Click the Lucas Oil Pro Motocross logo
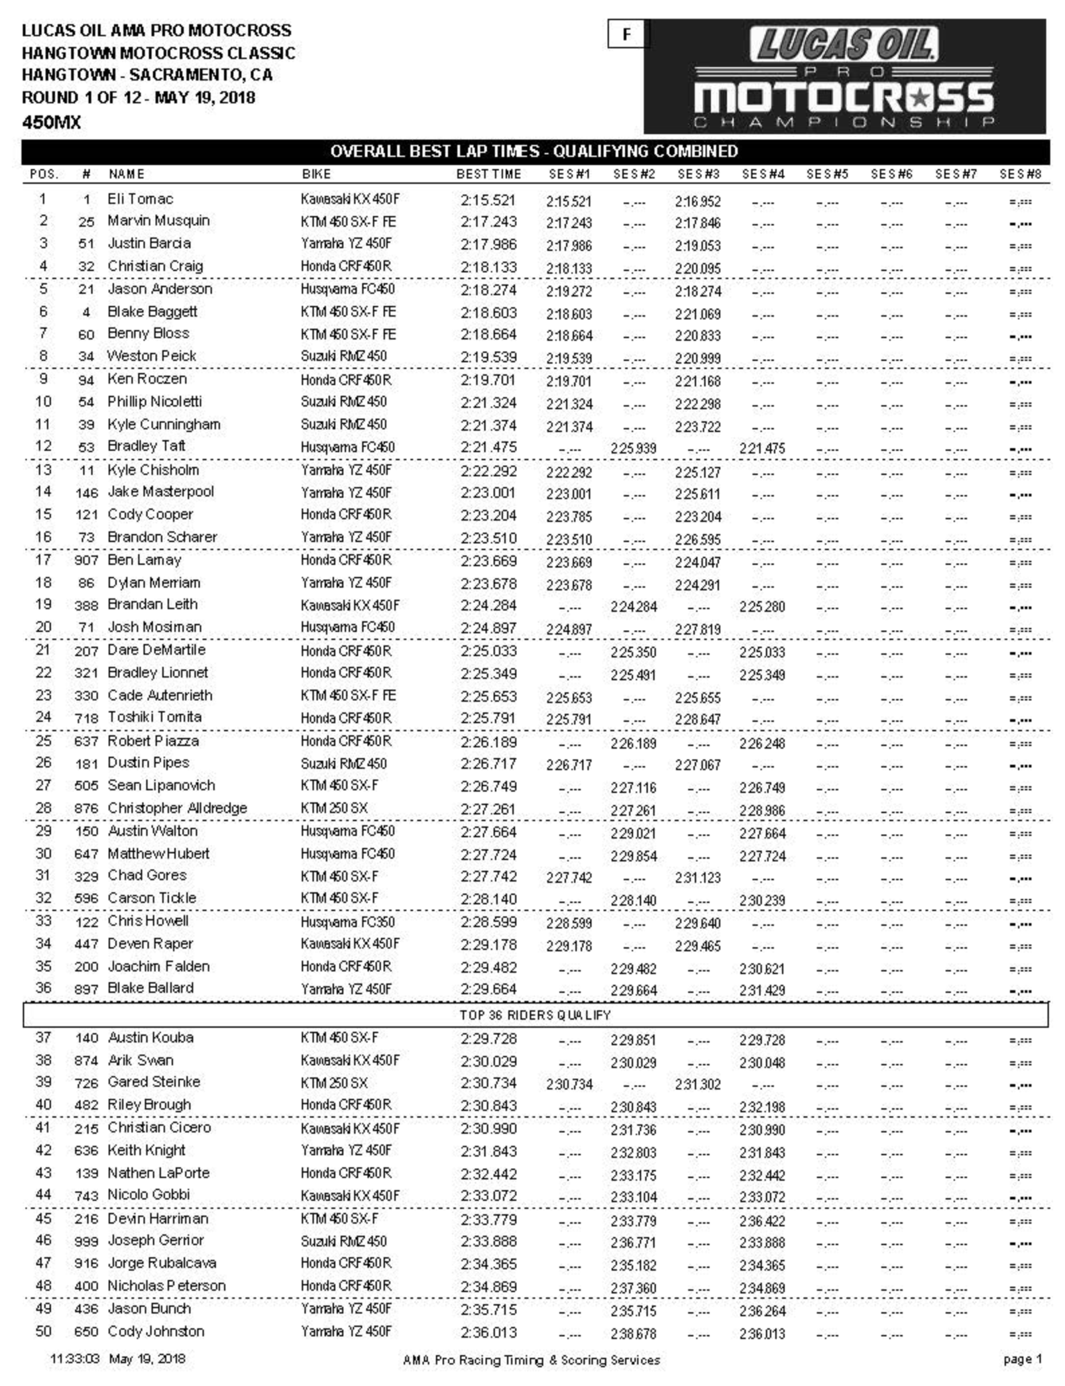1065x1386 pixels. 844,76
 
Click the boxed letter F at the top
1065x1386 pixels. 626,34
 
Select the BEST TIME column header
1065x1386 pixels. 488,174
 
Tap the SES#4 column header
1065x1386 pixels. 763,174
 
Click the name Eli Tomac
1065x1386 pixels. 140,199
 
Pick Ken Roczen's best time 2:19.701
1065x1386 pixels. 488,380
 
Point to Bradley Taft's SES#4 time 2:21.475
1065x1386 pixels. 762,448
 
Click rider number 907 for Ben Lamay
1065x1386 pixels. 86,560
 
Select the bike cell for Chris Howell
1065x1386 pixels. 347,922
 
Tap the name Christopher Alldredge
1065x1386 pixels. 177,808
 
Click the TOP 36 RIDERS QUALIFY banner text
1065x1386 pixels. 535,1015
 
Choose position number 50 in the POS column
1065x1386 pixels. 43,1331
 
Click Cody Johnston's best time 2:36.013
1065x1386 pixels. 488,1332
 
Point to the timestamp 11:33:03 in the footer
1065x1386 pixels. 74,1359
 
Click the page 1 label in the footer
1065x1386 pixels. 1022,1359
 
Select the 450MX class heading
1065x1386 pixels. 52,122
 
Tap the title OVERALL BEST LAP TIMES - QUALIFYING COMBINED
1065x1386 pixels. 534,152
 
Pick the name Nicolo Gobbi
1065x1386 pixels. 149,1195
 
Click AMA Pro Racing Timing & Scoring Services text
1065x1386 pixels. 531,1361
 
